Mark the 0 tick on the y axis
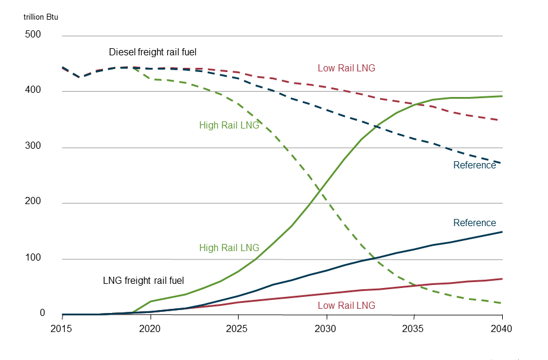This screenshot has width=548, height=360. tap(42, 313)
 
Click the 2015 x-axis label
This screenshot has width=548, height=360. tap(62, 328)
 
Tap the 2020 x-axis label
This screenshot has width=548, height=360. tap(150, 328)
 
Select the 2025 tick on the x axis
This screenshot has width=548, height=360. tap(238, 328)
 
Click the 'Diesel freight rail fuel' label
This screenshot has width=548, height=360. tap(152, 52)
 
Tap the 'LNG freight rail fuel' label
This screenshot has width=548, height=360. tap(143, 280)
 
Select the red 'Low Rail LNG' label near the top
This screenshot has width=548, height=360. tap(346, 68)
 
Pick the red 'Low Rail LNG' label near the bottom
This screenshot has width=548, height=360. tap(346, 305)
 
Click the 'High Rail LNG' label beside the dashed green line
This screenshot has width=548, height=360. tap(229, 126)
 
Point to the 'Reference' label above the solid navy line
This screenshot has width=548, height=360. tap(474, 223)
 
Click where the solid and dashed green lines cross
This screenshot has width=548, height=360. tap(321, 191)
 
